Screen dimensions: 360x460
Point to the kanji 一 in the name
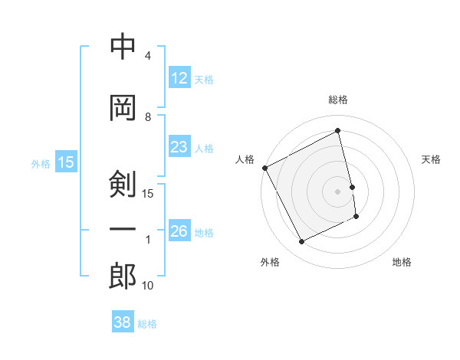coord(123,231)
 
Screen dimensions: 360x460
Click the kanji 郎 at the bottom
coord(123,277)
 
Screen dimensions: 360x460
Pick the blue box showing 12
coord(179,78)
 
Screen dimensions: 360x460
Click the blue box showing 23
coord(179,147)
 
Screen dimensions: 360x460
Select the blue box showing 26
coord(179,231)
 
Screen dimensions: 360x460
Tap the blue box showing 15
coord(66,162)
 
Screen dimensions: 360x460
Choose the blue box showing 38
coord(122,323)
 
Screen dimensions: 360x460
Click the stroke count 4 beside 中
coord(148,56)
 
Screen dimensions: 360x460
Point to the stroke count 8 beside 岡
coord(148,117)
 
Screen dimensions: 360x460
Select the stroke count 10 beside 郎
coord(148,286)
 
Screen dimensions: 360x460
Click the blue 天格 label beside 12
coord(204,79)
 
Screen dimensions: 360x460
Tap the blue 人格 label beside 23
coord(204,148)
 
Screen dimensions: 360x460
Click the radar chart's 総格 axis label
coord(338,100)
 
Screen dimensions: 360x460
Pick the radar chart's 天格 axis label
coord(432,159)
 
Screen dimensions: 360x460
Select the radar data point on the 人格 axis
coord(264,168)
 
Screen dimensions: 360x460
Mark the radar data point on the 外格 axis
coord(302,242)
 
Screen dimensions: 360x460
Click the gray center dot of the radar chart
coord(338,191)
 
